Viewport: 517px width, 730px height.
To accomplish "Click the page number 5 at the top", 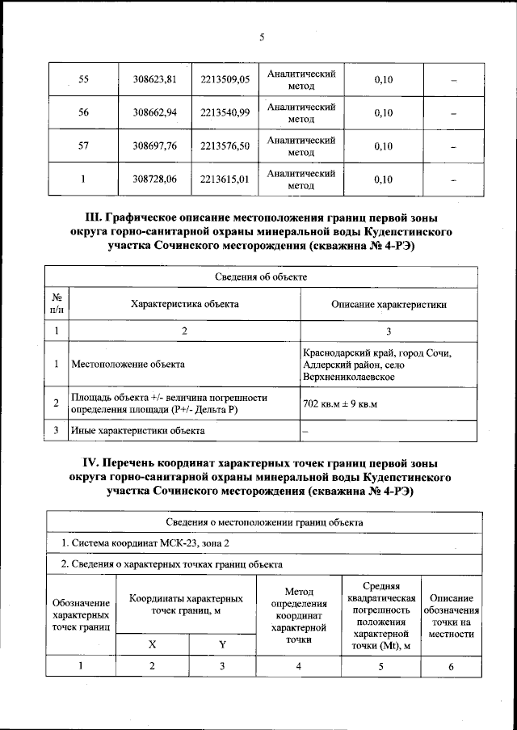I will click(x=263, y=36).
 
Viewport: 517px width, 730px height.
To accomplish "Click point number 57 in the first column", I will click(x=82, y=146).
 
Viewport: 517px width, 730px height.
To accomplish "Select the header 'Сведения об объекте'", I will click(x=261, y=276).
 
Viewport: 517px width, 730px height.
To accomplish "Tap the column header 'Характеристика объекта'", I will click(x=185, y=304).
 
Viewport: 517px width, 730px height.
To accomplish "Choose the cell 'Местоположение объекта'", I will click(x=128, y=365).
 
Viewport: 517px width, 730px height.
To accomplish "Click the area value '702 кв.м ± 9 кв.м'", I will click(x=340, y=403).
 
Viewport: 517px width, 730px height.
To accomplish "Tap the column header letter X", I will click(x=153, y=644).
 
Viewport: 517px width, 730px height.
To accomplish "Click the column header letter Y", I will click(x=224, y=644).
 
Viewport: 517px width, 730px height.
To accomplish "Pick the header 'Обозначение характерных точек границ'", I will click(x=81, y=615).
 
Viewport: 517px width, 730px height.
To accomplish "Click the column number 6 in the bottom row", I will click(x=452, y=666).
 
